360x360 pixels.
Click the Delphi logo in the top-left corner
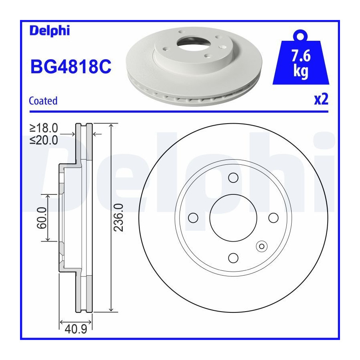(x=50, y=31)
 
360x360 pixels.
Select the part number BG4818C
(x=71, y=66)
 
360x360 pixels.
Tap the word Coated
(x=43, y=101)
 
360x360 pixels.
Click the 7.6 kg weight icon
(x=301, y=57)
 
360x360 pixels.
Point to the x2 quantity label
(x=321, y=100)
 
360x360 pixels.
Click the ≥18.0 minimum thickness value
(x=44, y=128)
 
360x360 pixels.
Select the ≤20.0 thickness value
(x=44, y=140)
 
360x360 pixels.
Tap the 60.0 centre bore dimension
(x=42, y=218)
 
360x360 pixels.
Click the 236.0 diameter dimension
(x=119, y=218)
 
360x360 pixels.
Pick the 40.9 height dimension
(x=76, y=329)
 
